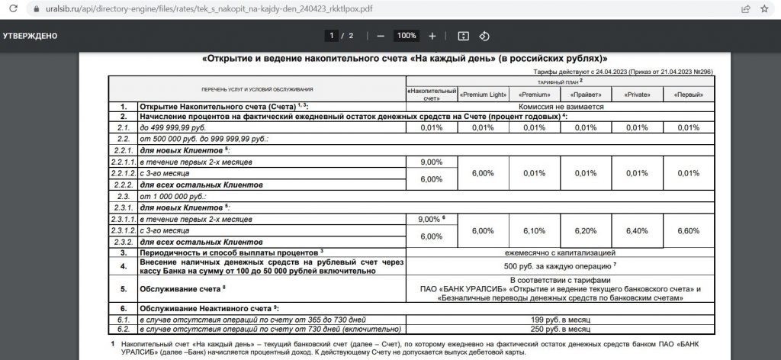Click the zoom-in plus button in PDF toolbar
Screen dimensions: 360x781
432,36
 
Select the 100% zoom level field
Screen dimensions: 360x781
407,36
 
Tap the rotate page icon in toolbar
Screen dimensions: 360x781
484,36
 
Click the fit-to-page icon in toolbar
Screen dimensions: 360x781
462,36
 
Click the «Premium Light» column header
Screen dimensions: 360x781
483,95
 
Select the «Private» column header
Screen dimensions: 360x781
636,95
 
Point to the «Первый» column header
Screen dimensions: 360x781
688,95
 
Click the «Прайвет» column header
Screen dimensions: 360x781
585,95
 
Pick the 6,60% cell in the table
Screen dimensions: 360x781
688,230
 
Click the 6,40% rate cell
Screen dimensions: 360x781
636,230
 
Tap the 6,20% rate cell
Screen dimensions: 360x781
585,230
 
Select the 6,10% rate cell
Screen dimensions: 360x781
534,230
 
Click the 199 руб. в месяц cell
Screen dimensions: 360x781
559,319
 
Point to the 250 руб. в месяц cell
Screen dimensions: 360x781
559,329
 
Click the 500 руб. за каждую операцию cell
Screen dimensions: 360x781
559,266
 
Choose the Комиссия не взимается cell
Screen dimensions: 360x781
559,107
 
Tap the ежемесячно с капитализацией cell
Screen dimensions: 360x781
559,252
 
